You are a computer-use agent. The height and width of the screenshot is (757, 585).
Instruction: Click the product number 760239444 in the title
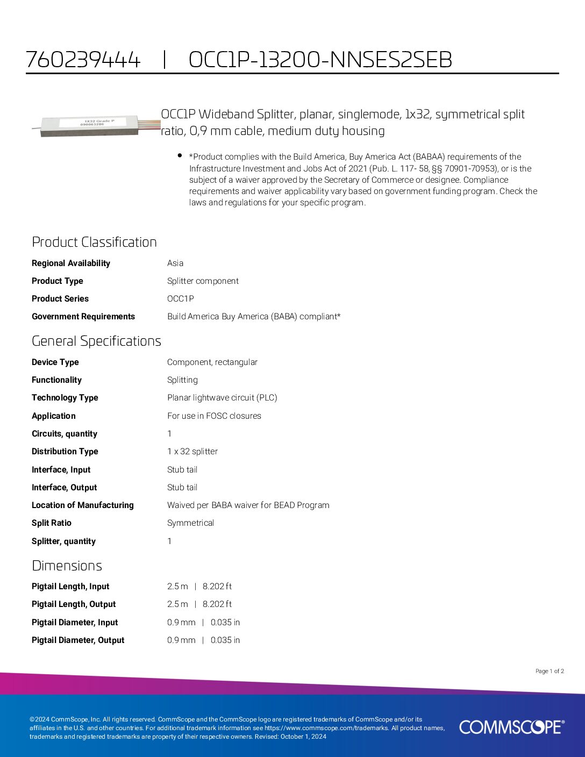(x=83, y=60)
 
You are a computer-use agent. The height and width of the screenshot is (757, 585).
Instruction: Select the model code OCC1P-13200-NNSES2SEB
(x=320, y=60)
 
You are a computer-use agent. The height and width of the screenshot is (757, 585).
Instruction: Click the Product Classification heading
(x=94, y=242)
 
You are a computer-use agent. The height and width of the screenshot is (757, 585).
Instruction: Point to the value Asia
(x=175, y=263)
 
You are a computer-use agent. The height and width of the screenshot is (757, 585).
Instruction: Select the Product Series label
(x=60, y=298)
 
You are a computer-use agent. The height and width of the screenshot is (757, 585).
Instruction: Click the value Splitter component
(x=203, y=281)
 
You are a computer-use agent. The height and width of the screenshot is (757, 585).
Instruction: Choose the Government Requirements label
(x=83, y=316)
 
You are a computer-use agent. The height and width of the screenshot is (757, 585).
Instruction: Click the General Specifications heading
(x=96, y=341)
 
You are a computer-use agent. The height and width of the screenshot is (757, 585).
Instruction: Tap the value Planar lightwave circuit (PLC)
(x=222, y=397)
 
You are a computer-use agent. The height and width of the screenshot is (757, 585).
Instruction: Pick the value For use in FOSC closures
(x=214, y=416)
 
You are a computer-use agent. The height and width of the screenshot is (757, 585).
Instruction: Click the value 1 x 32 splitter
(x=192, y=451)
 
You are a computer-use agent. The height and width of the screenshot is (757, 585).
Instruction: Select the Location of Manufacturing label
(x=83, y=505)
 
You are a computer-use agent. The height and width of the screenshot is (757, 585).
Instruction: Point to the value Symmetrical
(x=190, y=523)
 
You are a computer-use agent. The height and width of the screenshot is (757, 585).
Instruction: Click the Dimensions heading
(x=67, y=566)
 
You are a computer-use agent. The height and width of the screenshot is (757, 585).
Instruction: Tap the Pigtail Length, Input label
(x=70, y=586)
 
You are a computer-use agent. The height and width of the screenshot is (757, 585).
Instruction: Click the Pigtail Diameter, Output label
(x=78, y=640)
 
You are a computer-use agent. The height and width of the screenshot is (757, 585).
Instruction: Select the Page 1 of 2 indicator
(x=550, y=671)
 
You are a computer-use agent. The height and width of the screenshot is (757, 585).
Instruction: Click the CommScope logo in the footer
(x=511, y=727)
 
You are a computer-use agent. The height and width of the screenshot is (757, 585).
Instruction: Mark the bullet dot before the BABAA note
(x=180, y=155)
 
